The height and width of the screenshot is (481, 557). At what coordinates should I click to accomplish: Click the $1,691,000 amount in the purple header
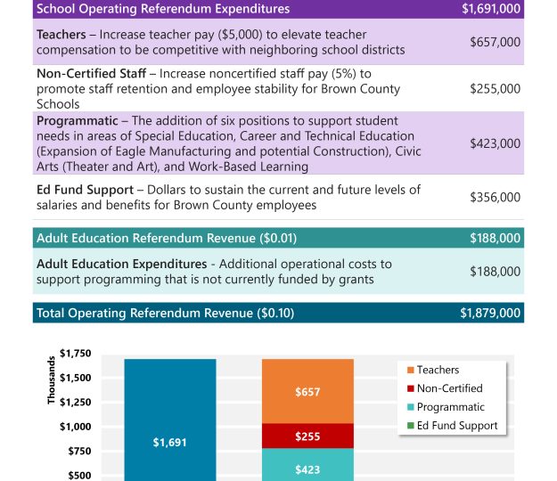[x=491, y=9]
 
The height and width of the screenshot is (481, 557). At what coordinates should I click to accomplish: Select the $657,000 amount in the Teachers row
[x=495, y=42]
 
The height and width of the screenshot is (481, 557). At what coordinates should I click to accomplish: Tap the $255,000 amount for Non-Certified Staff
[x=495, y=89]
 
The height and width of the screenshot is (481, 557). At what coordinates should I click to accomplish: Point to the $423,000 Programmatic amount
[x=495, y=143]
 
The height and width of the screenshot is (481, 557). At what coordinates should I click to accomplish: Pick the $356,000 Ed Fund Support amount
[x=495, y=197]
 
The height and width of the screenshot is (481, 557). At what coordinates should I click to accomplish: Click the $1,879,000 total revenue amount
[x=490, y=314]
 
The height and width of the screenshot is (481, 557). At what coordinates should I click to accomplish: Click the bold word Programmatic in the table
[x=78, y=120]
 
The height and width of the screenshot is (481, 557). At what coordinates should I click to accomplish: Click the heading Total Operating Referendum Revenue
[x=165, y=314]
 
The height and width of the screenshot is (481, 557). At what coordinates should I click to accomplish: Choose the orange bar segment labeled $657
[x=307, y=391]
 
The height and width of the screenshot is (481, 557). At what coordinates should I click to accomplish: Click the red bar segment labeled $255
[x=307, y=436]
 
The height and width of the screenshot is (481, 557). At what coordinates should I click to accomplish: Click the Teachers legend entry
[x=438, y=370]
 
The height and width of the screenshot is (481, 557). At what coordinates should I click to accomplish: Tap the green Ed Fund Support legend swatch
[x=410, y=426]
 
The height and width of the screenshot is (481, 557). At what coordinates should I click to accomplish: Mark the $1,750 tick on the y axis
[x=75, y=354]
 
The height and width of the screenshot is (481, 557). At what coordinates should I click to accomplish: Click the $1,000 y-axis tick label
[x=75, y=427]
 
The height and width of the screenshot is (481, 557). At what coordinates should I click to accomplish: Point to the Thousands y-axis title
[x=52, y=381]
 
